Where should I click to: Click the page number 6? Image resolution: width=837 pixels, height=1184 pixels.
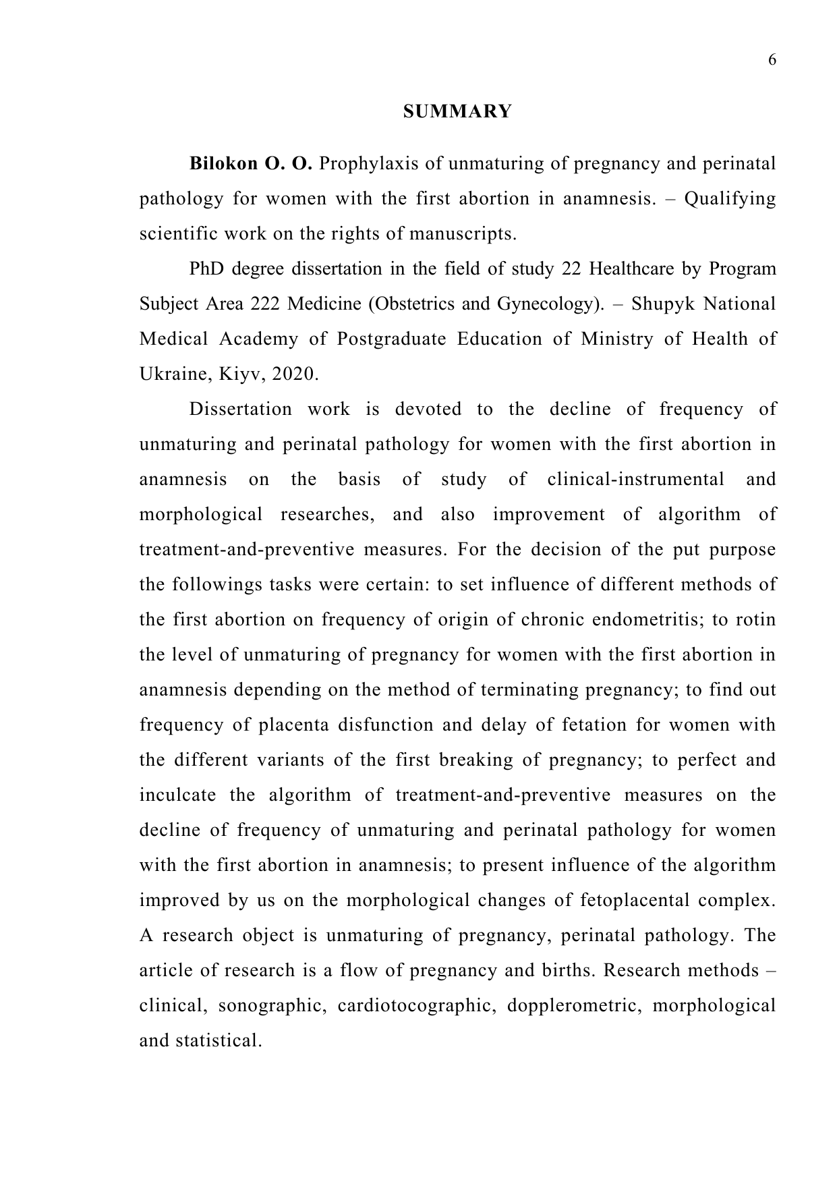(772, 60)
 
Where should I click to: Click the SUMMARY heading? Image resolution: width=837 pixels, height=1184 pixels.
(457, 111)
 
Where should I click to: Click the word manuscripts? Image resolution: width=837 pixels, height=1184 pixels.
(463, 234)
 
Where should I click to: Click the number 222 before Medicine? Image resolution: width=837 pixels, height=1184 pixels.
(266, 304)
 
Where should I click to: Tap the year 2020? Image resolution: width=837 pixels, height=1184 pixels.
(294, 374)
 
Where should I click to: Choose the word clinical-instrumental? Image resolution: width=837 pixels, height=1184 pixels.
(635, 480)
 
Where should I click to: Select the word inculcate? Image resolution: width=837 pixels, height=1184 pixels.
(177, 795)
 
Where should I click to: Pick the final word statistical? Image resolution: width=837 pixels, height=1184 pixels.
(219, 1041)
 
